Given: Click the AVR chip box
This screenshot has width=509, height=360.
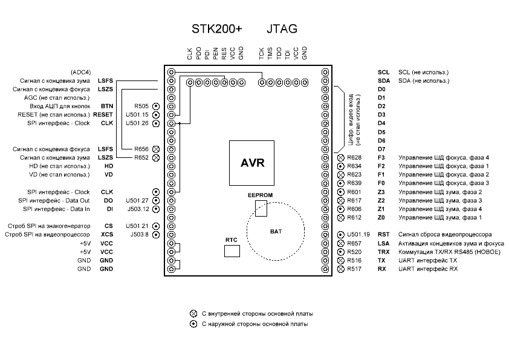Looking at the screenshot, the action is tap(251, 163).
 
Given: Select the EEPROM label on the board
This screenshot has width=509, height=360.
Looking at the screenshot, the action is tap(260, 195).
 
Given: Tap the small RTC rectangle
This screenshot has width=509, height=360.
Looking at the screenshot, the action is tap(232, 251).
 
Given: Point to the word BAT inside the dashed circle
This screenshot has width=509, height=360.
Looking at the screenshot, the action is tap(276, 232).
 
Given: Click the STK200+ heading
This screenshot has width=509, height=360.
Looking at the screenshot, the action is tap(217, 29).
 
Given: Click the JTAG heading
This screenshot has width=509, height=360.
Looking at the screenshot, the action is tap(282, 29).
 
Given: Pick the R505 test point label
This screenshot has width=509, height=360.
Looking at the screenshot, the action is tap(141, 106).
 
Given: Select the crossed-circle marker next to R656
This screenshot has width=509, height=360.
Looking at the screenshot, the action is tap(156, 149).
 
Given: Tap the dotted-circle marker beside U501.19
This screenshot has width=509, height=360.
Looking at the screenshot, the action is tap(340, 235).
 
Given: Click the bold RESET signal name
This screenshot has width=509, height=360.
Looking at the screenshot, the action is tap(103, 115).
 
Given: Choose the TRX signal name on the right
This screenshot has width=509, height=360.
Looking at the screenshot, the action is tap(383, 252).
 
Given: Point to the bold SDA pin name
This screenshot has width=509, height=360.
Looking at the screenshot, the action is tap(384, 81).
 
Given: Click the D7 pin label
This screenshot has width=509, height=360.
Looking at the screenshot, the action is tap(381, 149).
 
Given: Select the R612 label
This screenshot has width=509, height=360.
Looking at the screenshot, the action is tap(354, 218).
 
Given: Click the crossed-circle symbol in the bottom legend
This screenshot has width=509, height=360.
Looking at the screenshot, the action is tap(193, 313).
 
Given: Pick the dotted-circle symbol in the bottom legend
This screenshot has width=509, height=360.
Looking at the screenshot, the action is tap(193, 324).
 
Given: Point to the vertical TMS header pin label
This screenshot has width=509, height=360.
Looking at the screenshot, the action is tap(270, 54).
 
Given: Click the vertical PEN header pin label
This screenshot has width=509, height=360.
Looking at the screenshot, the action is tap(216, 54).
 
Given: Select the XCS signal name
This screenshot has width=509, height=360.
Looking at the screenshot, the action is tap(107, 235).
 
